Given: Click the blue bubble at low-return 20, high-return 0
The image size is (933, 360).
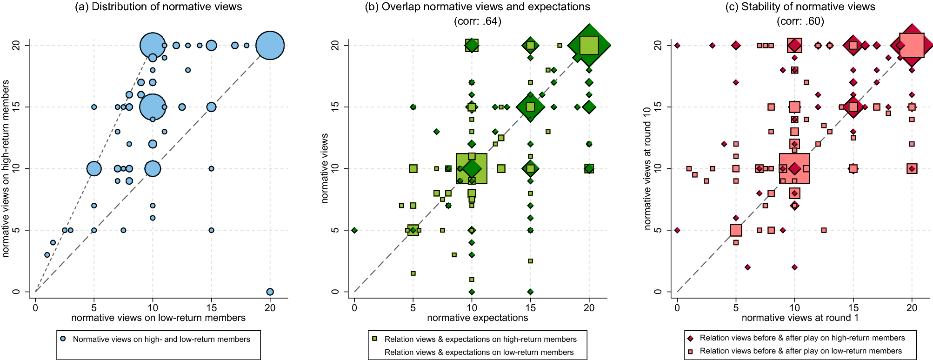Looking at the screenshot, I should click(x=270, y=292).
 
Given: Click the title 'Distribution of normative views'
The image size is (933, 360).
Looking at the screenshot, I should click(x=159, y=7).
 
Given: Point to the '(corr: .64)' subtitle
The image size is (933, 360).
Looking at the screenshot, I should click(x=477, y=21).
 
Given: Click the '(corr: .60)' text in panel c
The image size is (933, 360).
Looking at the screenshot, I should click(x=800, y=21).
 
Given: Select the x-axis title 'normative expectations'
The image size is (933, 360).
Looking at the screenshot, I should click(x=477, y=318).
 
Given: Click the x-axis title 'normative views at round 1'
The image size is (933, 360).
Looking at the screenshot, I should click(x=800, y=318).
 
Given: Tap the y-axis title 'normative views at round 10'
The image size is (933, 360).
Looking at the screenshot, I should click(x=647, y=168).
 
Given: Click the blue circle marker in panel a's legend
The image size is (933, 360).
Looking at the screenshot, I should click(x=63, y=339).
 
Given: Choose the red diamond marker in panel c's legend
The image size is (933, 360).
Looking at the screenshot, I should click(x=690, y=339).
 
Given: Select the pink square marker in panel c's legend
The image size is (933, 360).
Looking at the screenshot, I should click(x=690, y=352).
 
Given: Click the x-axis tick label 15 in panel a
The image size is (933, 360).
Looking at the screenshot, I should click(x=211, y=307).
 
